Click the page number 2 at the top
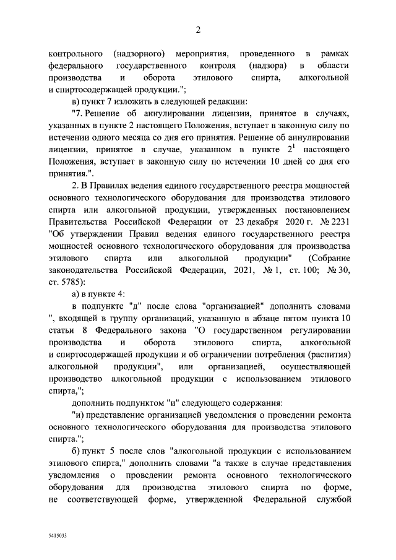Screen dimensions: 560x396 coord(198,28)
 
